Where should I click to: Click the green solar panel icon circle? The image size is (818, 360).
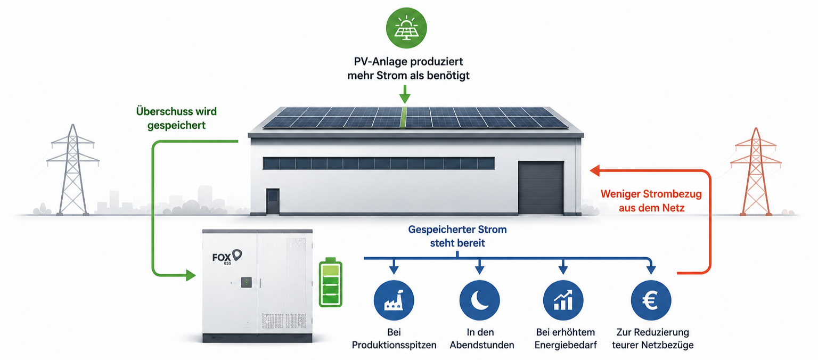tap(406, 28)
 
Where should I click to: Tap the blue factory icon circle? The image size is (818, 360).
tap(394, 300)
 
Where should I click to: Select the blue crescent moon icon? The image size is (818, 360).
tap(479, 300)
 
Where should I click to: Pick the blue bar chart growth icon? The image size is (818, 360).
tap(563, 300)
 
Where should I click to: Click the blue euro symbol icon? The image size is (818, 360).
tap(651, 300)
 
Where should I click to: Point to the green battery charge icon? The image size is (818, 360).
tap(331, 282)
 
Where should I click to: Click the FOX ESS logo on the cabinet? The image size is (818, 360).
tap(227, 257)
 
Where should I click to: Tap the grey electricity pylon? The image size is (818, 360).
tap(72, 170)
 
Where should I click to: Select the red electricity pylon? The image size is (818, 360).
tap(756, 171)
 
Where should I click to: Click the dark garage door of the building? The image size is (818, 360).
tap(541, 187)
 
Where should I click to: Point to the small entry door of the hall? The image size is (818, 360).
tap(273, 201)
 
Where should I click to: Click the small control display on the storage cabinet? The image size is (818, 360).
tap(246, 282)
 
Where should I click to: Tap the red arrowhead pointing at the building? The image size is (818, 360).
tap(595, 170)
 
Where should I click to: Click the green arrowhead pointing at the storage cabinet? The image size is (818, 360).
tap(191, 275)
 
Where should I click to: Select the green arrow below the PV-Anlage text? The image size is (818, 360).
tap(405, 94)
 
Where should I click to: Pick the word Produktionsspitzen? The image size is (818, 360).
tap(394, 345)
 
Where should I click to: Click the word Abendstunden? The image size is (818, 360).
tap(481, 345)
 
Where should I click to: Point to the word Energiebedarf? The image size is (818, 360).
tap(566, 345)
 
